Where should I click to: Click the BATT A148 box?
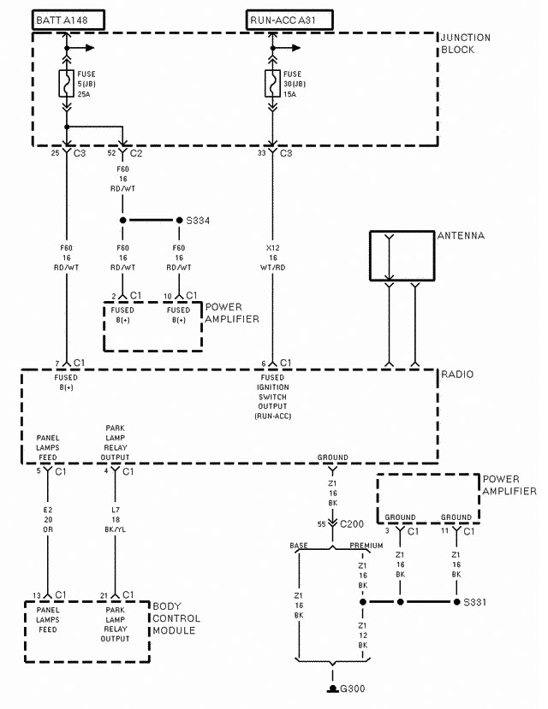click(x=68, y=18)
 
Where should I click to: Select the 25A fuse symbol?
click(x=67, y=86)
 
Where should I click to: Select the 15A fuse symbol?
click(x=273, y=85)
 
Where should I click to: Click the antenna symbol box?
click(x=402, y=256)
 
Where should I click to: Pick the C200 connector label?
click(x=352, y=523)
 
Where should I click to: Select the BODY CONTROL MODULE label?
click(x=176, y=618)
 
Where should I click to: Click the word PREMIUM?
click(x=366, y=545)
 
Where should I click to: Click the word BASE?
click(x=299, y=545)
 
